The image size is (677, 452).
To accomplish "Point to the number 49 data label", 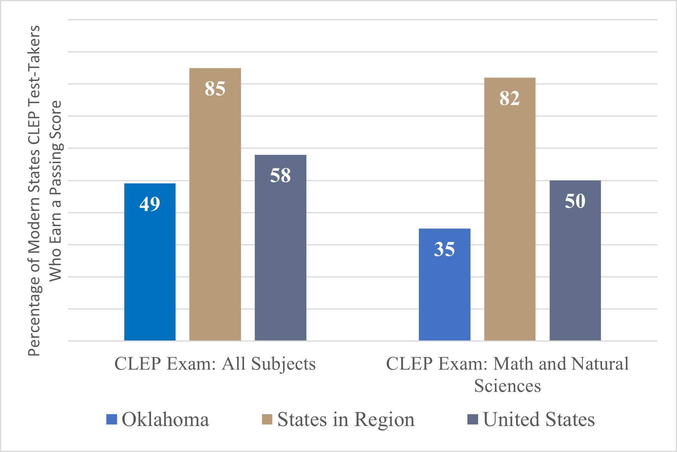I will point(150,204).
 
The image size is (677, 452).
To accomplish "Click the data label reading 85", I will point(215,89).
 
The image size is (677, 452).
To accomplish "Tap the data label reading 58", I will point(280,175).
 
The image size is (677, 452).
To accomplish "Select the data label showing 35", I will point(444,249).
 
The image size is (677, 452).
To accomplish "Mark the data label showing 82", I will point(509,98).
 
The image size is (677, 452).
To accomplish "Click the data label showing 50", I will point(575,201).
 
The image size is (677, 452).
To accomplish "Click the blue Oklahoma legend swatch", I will point(111,420).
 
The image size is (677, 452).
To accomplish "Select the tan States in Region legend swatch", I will point(267,420).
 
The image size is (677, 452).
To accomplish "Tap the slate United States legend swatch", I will point(473,420).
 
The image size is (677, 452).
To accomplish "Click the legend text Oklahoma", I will point(165,420).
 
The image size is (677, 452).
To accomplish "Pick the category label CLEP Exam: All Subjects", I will point(215,364).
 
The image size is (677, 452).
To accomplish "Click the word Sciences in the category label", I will point(507,386).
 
